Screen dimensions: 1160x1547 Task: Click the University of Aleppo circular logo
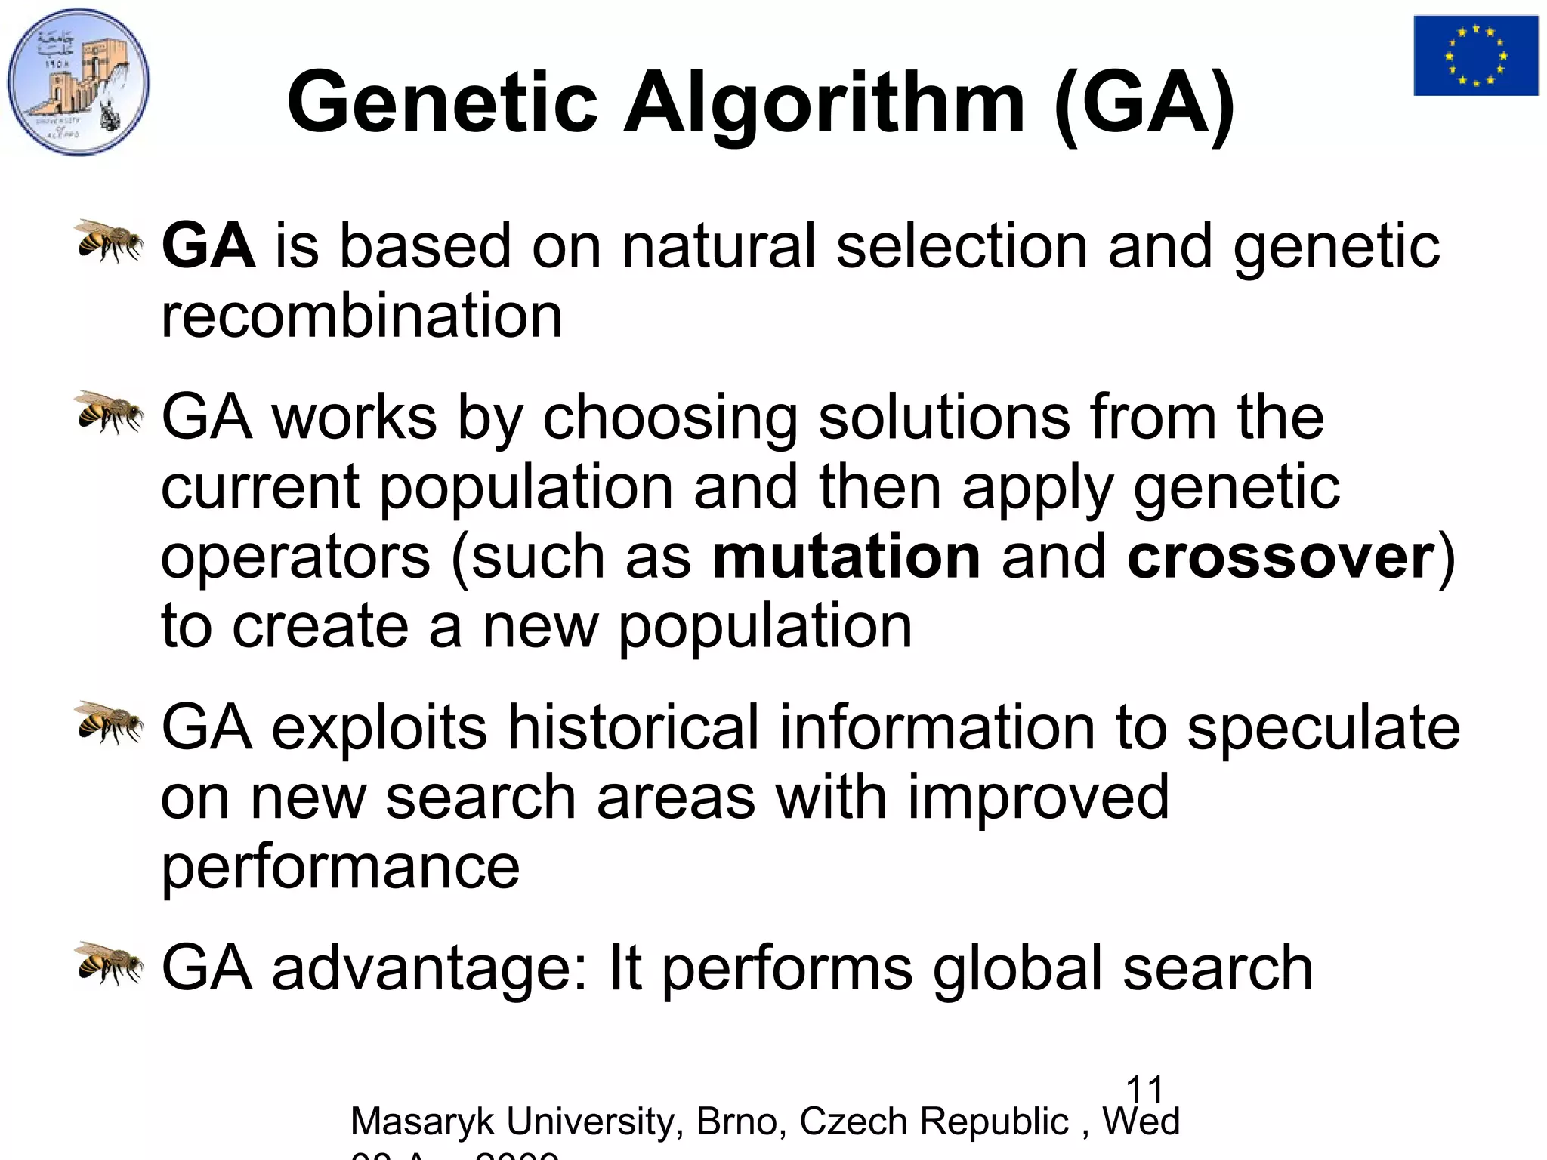pyautogui.click(x=79, y=82)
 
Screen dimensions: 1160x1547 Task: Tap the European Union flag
pyautogui.click(x=1475, y=56)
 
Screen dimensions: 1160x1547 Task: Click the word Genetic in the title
pyautogui.click(x=443, y=102)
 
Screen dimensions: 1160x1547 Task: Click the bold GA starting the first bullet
pyautogui.click(x=208, y=245)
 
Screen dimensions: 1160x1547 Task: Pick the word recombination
pyautogui.click(x=362, y=315)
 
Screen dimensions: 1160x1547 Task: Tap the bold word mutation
pyautogui.click(x=846, y=557)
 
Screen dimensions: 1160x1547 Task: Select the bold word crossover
pyautogui.click(x=1280, y=557)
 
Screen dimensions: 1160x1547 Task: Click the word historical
pyautogui.click(x=632, y=727)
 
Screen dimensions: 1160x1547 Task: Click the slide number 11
pyautogui.click(x=1144, y=1091)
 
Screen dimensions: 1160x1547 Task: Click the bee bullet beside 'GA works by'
pyautogui.click(x=110, y=412)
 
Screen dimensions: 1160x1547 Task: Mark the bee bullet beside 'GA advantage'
pyautogui.click(x=110, y=963)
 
